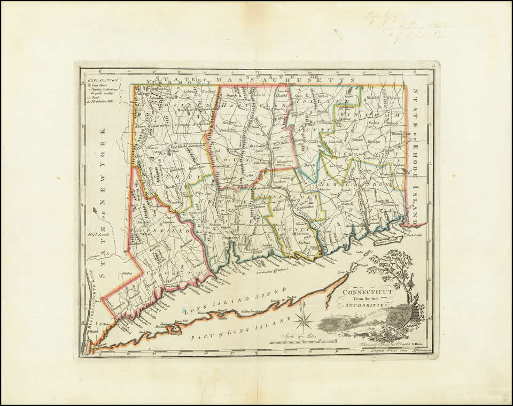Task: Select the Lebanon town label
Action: tap(336, 166)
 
